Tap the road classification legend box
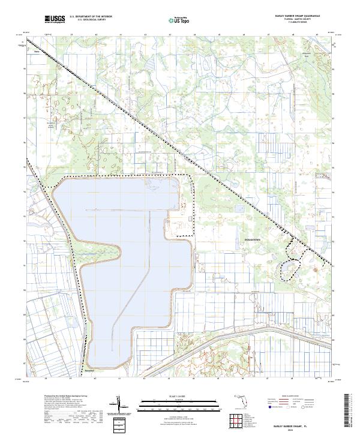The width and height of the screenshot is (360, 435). pos(295,403)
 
